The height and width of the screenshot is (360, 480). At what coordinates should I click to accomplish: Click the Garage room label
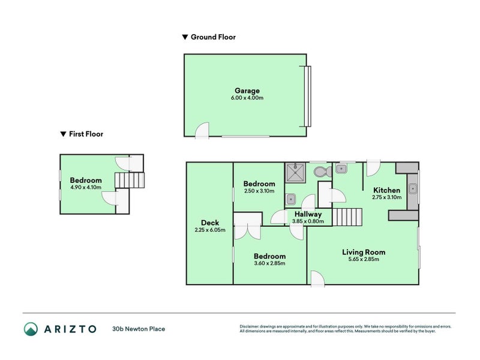pos(247,91)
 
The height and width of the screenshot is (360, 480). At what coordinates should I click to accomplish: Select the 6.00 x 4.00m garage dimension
pos(247,98)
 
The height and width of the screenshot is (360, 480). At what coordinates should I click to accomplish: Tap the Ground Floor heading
pos(213,37)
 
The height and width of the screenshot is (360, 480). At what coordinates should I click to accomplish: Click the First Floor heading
pos(86,134)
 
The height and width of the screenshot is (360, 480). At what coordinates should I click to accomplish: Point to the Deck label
pos(209,223)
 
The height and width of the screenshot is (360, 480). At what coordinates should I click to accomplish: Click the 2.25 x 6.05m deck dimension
pos(209,230)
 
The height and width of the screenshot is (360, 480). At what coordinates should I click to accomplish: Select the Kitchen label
pos(386,190)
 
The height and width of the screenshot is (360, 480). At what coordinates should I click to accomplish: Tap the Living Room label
pos(364,252)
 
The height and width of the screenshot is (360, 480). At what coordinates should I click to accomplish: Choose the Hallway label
pos(308,214)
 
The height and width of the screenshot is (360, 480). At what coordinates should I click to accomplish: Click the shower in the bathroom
pos(295,172)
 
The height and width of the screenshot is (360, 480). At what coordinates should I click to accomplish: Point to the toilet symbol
pos(323,172)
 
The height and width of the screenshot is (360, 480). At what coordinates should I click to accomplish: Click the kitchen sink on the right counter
pos(413,189)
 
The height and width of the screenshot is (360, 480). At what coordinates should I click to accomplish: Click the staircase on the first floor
pos(130,180)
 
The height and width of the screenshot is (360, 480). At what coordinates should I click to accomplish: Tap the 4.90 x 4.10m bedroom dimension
pos(86,187)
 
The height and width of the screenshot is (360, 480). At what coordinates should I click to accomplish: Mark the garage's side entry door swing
pos(203,130)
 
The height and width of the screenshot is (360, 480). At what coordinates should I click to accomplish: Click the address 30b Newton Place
pos(139,329)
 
